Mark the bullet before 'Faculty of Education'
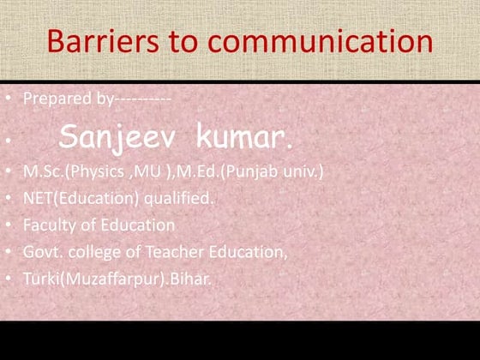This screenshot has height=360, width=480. [8, 225]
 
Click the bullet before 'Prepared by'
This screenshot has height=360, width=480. [8, 99]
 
